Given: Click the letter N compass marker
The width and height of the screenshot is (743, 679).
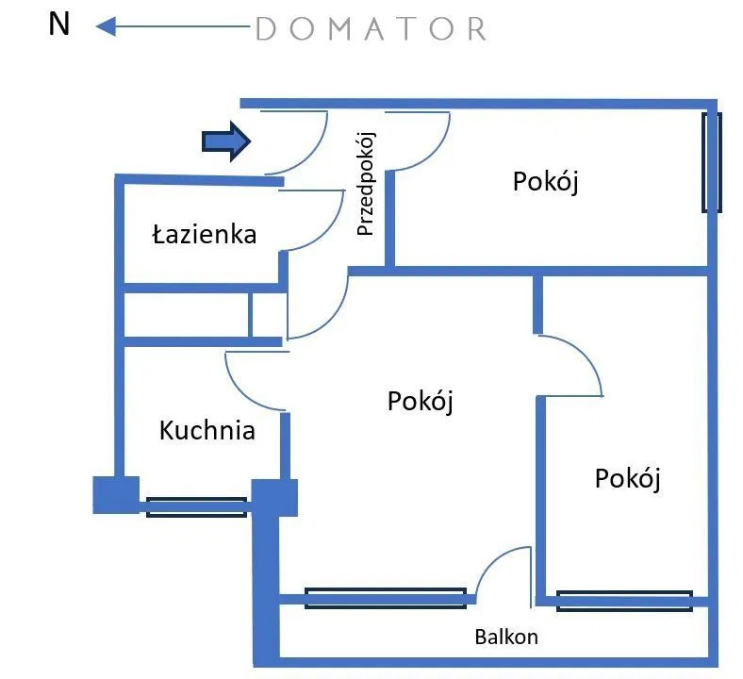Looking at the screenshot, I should click(x=59, y=25).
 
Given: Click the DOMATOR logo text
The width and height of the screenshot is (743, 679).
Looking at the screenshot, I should click(x=371, y=29).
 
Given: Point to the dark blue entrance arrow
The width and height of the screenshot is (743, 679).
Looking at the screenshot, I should click(x=225, y=141).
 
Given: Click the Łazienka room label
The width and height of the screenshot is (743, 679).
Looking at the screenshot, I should click(x=204, y=233).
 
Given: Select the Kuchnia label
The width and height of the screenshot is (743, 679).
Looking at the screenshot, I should click(x=207, y=431).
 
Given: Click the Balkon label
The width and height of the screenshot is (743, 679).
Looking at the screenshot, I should click(x=506, y=637).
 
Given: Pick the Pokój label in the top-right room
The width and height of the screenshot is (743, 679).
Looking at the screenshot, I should click(x=545, y=181).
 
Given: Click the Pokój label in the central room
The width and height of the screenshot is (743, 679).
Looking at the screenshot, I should click(x=421, y=401).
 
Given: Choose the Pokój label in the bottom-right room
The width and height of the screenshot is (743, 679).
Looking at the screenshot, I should click(x=627, y=478).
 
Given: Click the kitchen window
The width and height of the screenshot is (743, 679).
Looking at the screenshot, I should click(x=196, y=507).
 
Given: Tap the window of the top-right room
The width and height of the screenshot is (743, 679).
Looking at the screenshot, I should click(x=712, y=162).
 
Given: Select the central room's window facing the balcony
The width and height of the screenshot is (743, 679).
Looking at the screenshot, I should click(x=385, y=597).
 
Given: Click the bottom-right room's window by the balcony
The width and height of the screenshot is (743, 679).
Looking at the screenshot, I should click(x=624, y=601).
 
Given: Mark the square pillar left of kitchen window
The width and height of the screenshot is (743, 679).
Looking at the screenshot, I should click(x=115, y=495).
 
